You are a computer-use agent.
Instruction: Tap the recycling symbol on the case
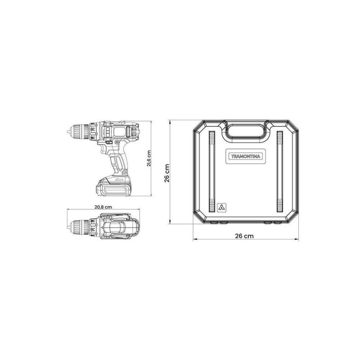[x=221, y=207]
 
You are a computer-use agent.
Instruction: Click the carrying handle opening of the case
[x=245, y=131]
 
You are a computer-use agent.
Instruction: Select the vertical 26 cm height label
[x=166, y=173]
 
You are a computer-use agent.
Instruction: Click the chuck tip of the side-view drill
[x=72, y=132]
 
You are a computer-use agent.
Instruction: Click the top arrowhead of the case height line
[x=170, y=121]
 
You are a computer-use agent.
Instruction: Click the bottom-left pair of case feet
[x=218, y=222]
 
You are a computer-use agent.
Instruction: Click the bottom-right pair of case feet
[x=273, y=222]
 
